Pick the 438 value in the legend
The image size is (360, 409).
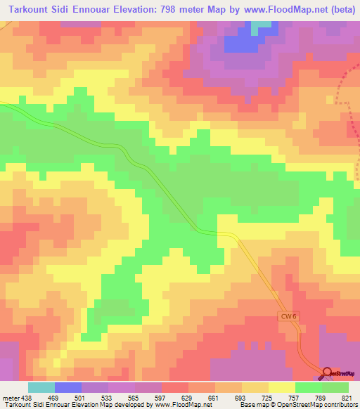pos(22,398)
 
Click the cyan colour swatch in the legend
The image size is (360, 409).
pos(41,387)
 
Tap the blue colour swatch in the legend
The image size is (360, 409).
pos(67,387)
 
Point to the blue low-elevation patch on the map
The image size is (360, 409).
pos(239,44)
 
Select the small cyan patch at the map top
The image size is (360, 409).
pos(262,24)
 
